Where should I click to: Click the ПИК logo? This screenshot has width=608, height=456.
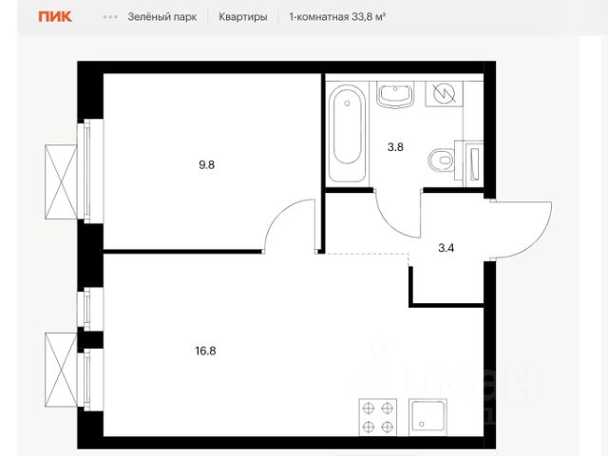pos(55,16)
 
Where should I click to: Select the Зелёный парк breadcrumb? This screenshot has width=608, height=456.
pos(162,17)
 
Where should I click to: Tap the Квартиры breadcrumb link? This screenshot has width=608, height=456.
pos(243,17)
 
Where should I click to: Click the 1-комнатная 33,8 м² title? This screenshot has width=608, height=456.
pos(337,17)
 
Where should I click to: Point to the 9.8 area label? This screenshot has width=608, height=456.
pos(207,164)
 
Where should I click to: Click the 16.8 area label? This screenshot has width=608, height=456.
pos(205,351)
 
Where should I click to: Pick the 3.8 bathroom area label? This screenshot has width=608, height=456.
pos(395,147)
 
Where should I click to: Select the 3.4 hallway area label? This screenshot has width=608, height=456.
pos(446,247)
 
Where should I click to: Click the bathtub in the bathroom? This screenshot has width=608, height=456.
pos(347,134)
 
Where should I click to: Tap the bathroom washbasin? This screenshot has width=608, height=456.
pos(395,95)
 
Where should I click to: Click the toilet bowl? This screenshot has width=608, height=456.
pos(443,160)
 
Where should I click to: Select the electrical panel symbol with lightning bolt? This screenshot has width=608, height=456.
pos(444,93)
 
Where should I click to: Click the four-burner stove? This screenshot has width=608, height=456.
pos(378,417)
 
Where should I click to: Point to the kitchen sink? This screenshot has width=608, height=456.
pos(428,417)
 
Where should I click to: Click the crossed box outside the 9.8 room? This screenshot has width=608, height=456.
pos(61,181)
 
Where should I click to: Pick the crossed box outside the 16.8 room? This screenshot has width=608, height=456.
pos(61,370)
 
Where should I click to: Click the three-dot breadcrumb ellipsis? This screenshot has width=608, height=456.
pos(110,17)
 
